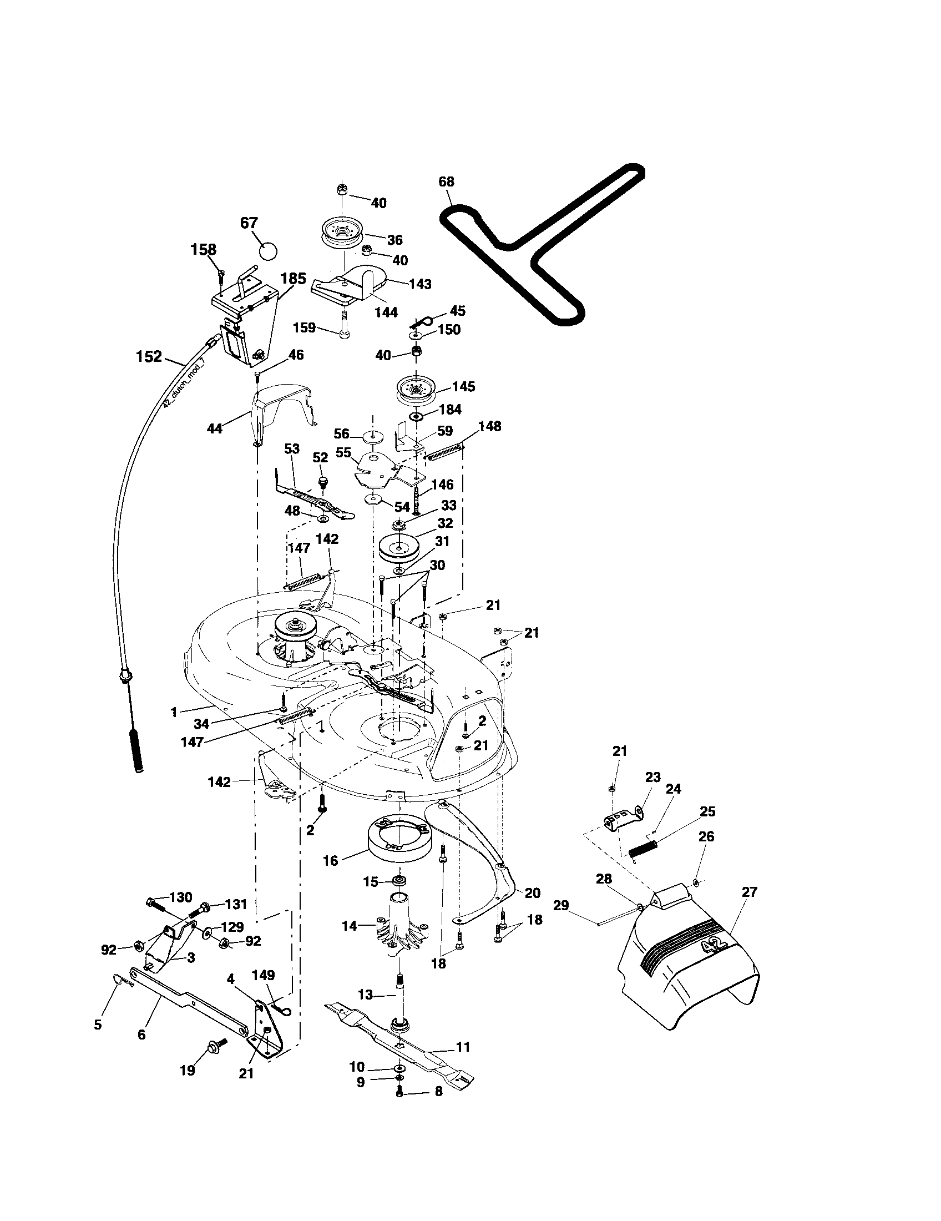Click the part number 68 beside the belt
(x=447, y=182)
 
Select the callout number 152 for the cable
(x=149, y=356)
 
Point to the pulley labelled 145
(x=416, y=389)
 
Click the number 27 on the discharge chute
(x=749, y=892)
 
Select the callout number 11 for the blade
(x=463, y=1047)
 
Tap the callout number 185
(x=294, y=279)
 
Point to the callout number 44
(x=215, y=429)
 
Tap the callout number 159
(x=305, y=327)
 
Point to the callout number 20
(x=533, y=893)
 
